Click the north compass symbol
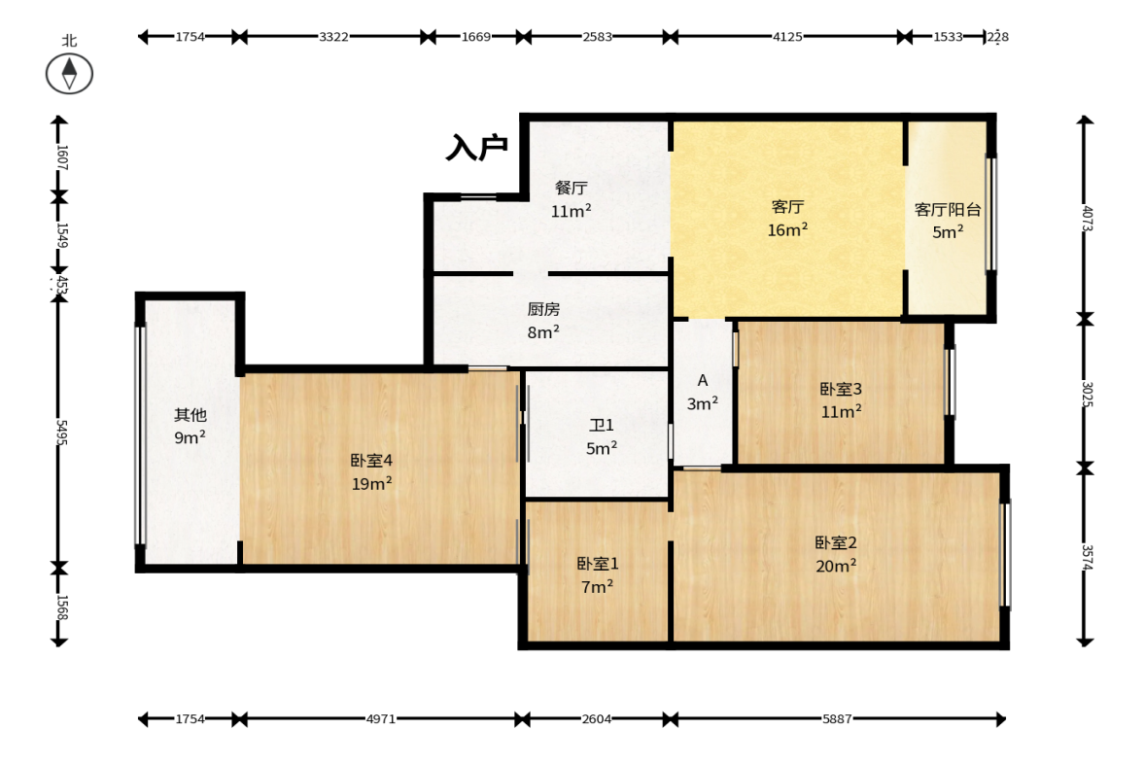tap(69, 74)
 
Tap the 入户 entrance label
tap(477, 148)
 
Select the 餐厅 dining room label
tap(572, 188)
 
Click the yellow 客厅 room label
tap(787, 207)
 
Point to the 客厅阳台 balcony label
tap(948, 210)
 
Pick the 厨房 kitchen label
tap(543, 309)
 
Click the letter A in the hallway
tap(703, 380)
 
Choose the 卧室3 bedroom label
tap(841, 389)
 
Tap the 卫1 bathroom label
tap(602, 425)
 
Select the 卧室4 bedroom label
tap(371, 461)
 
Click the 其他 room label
tap(191, 415)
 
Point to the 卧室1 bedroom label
tap(598, 563)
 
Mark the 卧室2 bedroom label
tap(835, 542)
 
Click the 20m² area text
tap(836, 566)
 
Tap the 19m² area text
tap(372, 483)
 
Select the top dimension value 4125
tap(787, 37)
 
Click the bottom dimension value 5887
tap(837, 719)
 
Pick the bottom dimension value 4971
tap(381, 719)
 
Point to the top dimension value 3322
tap(333, 37)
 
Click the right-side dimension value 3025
tap(1087, 395)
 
